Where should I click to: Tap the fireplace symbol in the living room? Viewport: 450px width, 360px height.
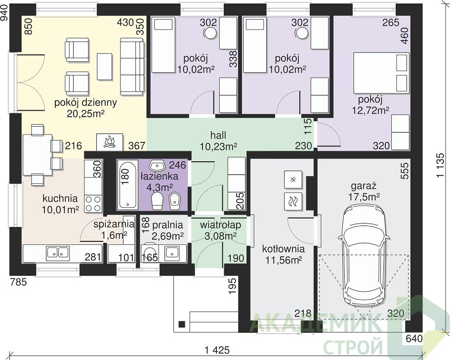point(109,142)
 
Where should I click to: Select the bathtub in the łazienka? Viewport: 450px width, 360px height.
point(126,184)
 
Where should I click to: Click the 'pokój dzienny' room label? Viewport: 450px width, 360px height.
point(85,102)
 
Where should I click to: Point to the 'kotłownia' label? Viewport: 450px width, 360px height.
point(283,249)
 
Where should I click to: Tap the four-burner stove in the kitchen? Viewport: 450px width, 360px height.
point(93,204)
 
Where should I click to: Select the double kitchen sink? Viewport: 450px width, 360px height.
point(58,253)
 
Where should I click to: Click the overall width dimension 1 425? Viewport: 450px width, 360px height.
point(217,350)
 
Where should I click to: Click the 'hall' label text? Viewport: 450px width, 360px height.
point(218,135)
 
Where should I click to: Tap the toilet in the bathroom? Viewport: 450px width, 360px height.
point(157,201)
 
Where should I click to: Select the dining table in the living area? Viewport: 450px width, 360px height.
point(38,155)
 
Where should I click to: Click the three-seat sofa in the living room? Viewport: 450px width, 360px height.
point(132,67)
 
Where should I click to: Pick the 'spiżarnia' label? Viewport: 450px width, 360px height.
point(114,224)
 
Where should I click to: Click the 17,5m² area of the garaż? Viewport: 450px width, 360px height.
point(364,197)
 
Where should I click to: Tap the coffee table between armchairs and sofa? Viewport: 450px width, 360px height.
point(104,66)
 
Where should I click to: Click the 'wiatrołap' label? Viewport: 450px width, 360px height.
point(220,225)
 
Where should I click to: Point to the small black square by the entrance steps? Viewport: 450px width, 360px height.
point(182,324)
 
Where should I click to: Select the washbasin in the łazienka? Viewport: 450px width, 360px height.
point(157,165)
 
